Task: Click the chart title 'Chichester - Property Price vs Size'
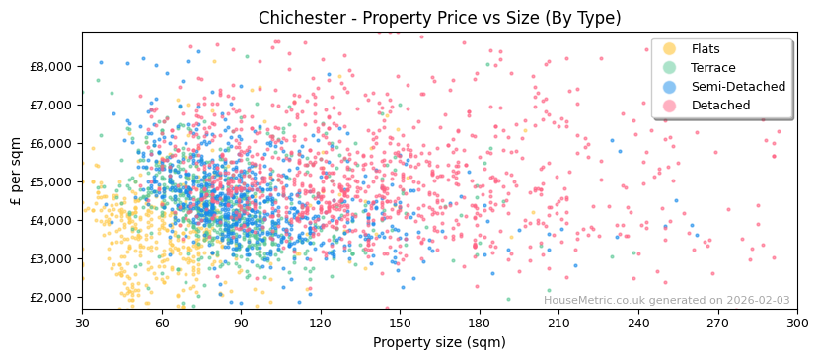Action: coord(439,18)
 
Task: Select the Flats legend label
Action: coord(705,49)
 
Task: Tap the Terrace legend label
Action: coord(712,68)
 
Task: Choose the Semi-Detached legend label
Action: coord(738,87)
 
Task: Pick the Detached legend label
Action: coord(719,106)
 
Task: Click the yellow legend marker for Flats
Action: coord(670,49)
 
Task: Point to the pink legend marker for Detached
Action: coord(670,106)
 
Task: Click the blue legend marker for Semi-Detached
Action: coord(670,87)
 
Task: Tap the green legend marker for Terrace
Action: coord(670,68)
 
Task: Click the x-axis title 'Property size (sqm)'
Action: coord(439,343)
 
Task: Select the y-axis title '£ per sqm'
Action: coord(16,171)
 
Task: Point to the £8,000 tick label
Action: coord(51,66)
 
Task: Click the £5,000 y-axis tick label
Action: coord(51,181)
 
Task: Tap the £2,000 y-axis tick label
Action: coord(51,297)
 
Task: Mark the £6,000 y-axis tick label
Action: coord(51,143)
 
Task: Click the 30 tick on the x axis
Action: coord(82,323)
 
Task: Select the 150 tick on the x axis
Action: coord(400,323)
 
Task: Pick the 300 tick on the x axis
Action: coord(797,323)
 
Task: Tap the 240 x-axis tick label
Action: coord(638,323)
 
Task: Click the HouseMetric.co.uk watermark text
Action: coord(666,301)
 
